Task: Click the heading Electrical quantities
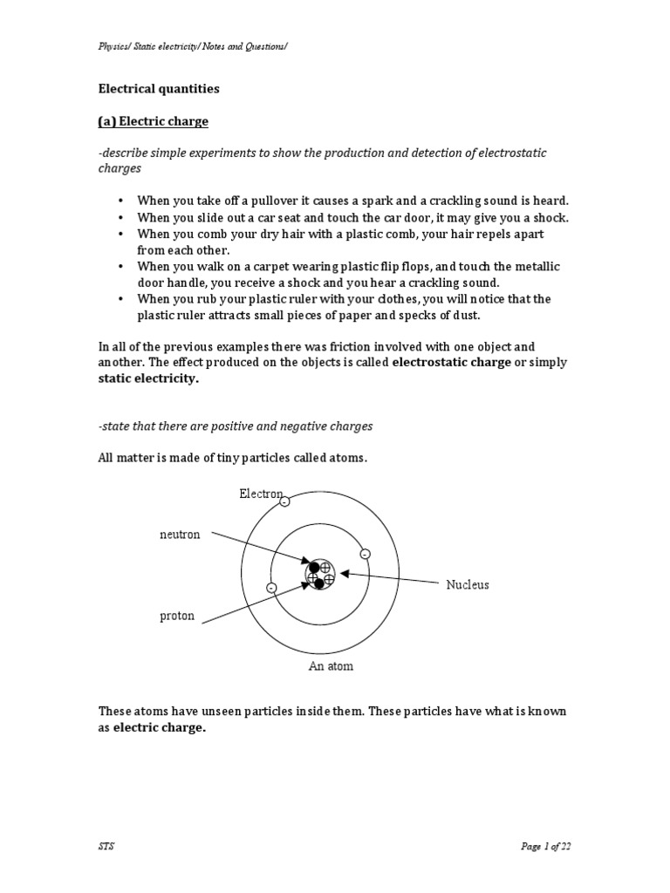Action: click(159, 88)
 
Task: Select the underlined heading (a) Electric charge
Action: click(153, 121)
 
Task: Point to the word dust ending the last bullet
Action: click(467, 315)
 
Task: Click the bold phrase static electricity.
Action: click(149, 378)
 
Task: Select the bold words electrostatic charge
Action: click(451, 362)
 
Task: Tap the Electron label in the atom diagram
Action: click(261, 494)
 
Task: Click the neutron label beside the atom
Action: click(180, 535)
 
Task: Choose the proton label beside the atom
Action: click(177, 617)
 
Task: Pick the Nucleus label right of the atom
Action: click(468, 584)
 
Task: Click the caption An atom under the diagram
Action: click(331, 666)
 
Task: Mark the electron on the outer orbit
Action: click(285, 501)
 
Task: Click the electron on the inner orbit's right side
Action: click(365, 554)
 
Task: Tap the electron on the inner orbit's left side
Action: click(272, 589)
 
